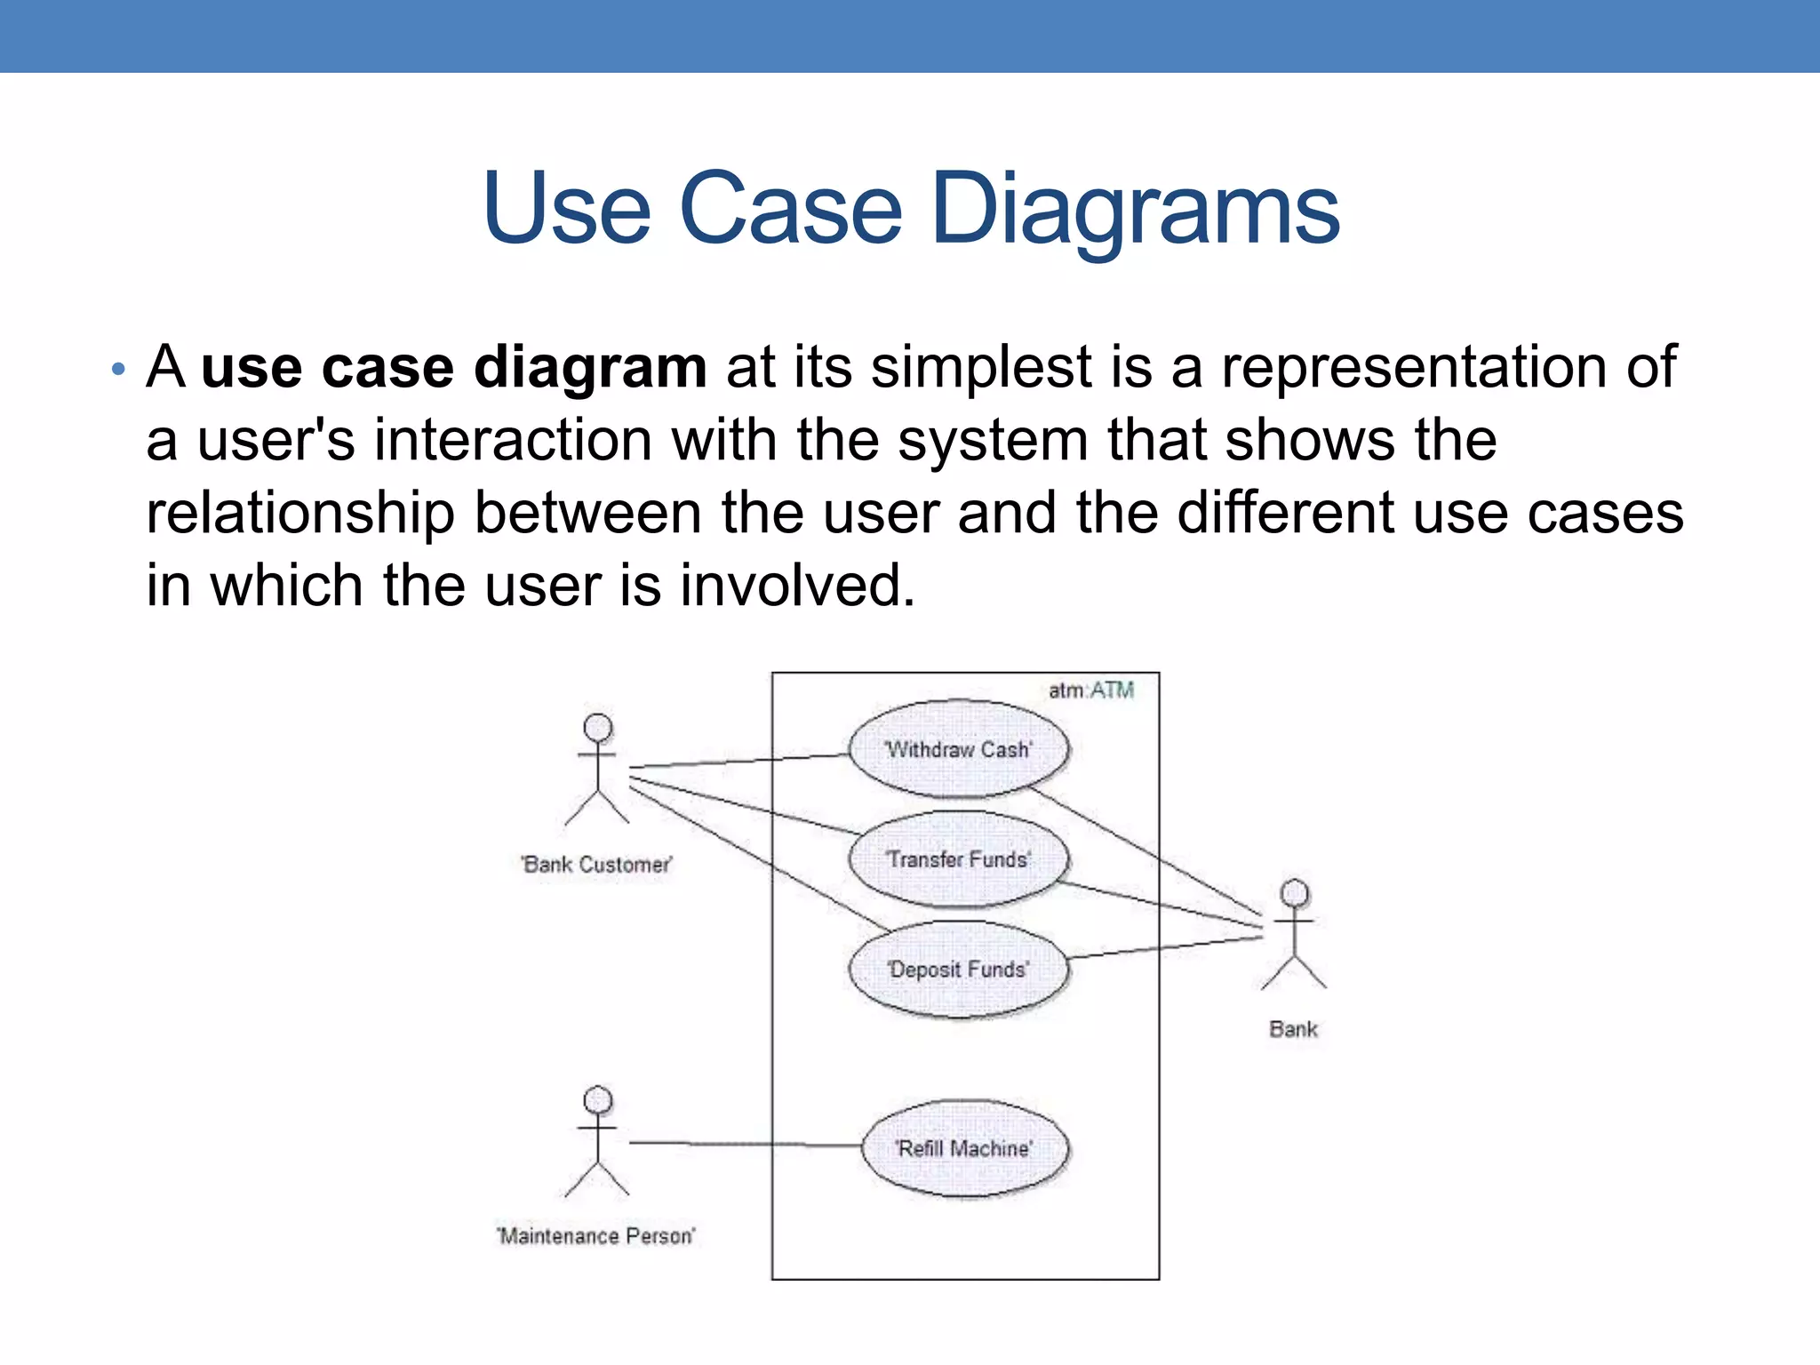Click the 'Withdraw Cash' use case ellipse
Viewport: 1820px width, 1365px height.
pyautogui.click(x=959, y=749)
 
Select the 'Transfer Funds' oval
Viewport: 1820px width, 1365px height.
pyautogui.click(x=959, y=859)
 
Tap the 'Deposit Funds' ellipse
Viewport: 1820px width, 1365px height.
pyautogui.click(x=959, y=970)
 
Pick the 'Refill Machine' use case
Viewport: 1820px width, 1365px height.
pyautogui.click(x=965, y=1148)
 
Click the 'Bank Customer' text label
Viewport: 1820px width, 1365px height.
pyautogui.click(x=597, y=865)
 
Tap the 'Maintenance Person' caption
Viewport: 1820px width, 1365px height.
pyautogui.click(x=596, y=1236)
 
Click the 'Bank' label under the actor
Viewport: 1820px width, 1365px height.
pyautogui.click(x=1293, y=1029)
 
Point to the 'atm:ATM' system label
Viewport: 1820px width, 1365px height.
pyautogui.click(x=1091, y=690)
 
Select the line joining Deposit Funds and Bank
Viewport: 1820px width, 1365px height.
pyautogui.click(x=1164, y=947)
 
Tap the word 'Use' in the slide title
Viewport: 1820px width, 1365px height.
pyautogui.click(x=567, y=210)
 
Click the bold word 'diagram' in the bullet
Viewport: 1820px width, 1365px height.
pyautogui.click(x=590, y=367)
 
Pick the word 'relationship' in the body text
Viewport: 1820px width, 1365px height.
pyautogui.click(x=300, y=514)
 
